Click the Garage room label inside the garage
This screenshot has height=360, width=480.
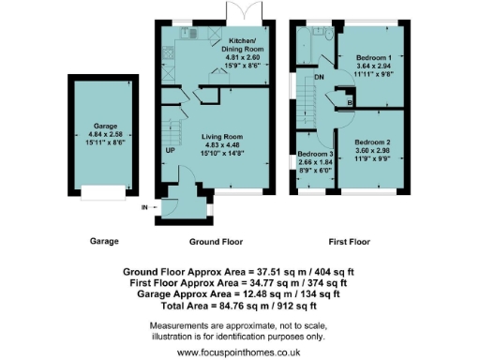(103, 125)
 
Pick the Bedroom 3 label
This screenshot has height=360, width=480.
(315, 152)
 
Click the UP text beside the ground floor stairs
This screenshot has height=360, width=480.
(170, 150)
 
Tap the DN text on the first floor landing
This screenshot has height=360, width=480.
(320, 78)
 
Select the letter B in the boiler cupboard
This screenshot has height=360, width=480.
(350, 102)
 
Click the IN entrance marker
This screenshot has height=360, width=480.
(145, 206)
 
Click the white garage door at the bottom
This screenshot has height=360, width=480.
(103, 192)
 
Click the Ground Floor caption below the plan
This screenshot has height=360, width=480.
(217, 241)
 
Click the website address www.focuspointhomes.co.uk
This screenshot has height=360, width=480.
(239, 352)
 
